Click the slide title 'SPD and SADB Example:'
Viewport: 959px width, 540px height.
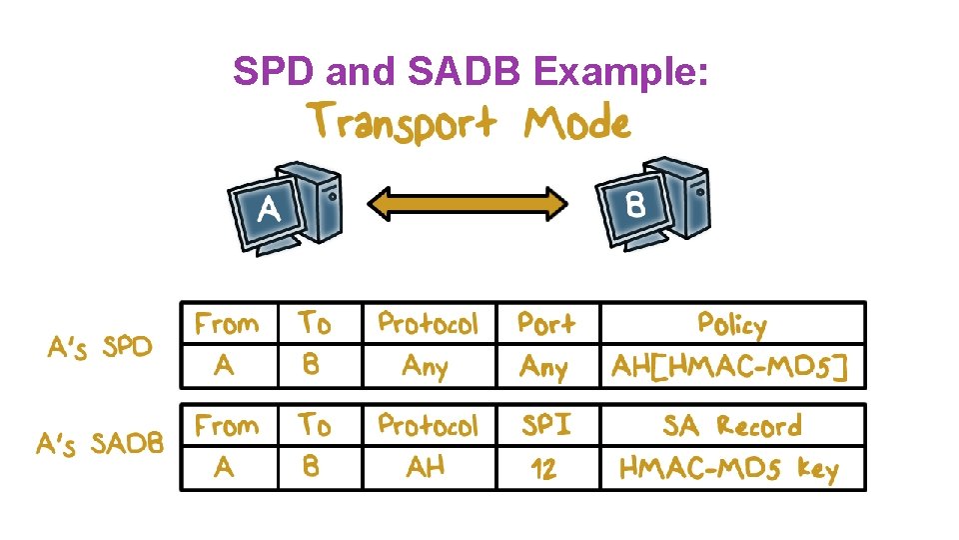click(471, 71)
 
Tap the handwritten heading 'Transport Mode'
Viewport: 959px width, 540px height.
click(469, 123)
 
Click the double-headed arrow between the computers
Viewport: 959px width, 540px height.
click(468, 205)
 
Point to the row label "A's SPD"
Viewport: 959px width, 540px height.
click(101, 347)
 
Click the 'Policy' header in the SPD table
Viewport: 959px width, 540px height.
click(731, 324)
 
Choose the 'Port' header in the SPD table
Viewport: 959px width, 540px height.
click(545, 324)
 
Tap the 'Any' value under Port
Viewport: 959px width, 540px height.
click(543, 368)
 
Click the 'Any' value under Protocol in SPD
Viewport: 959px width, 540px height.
click(425, 367)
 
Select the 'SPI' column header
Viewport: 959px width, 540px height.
click(545, 425)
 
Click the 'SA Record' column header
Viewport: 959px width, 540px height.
click(731, 426)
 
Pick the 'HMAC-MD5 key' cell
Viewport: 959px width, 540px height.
click(729, 468)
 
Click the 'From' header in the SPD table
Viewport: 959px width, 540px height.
click(227, 324)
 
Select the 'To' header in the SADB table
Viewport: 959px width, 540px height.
click(314, 425)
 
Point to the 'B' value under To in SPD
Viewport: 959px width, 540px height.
click(311, 366)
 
